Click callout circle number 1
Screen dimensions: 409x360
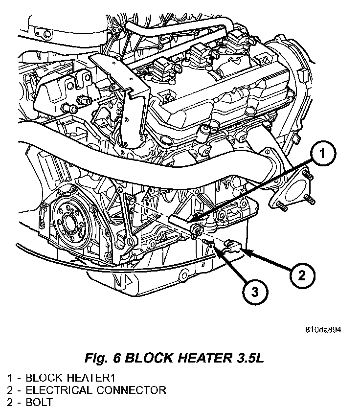tap(321, 156)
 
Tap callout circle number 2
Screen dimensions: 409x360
tap(301, 275)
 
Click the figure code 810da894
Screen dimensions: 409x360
tap(320, 329)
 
